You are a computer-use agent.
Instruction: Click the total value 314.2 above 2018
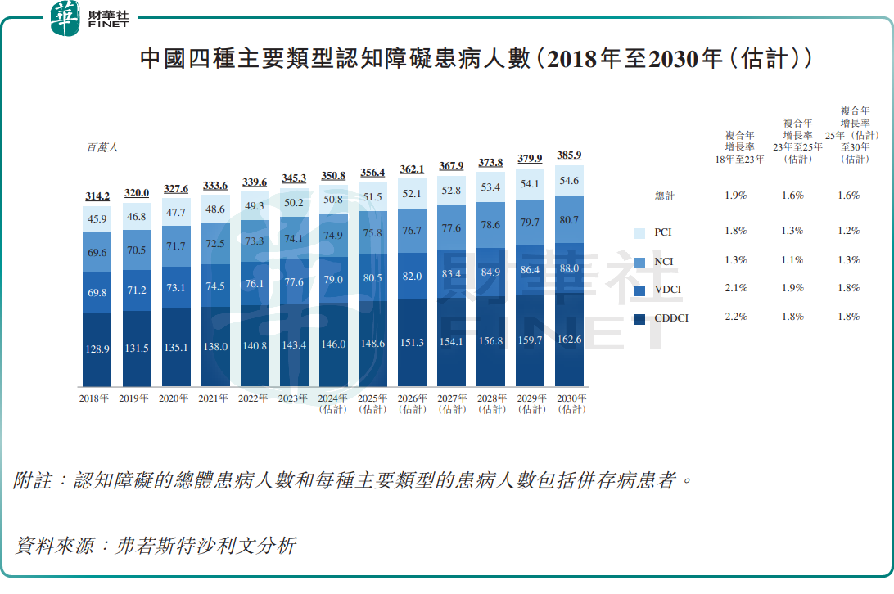click(97, 196)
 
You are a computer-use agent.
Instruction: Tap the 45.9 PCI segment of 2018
click(97, 219)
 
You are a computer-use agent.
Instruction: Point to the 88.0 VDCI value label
click(569, 268)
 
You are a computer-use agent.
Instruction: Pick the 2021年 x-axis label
click(215, 399)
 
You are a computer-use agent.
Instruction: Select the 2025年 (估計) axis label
click(372, 403)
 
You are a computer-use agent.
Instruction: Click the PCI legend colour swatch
click(641, 232)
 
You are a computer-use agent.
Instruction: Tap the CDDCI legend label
click(670, 317)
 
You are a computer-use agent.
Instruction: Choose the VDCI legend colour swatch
click(641, 289)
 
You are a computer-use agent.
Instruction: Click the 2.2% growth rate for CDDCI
click(736, 317)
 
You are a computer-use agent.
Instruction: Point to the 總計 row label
click(666, 196)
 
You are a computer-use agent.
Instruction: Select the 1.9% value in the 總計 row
click(736, 196)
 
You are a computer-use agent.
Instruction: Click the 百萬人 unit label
click(103, 148)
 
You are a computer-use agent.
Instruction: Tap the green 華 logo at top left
click(65, 17)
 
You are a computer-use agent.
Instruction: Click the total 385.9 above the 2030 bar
click(569, 155)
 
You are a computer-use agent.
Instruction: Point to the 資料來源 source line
click(155, 546)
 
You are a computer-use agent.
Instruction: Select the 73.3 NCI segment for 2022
click(255, 241)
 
